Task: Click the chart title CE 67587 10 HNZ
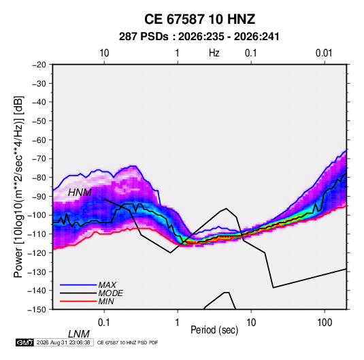[199, 19]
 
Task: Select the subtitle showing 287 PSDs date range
[199, 37]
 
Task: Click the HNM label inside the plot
[80, 193]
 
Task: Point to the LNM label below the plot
[78, 334]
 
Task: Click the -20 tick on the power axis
[39, 65]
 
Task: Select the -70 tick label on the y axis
[39, 159]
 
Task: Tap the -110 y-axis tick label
[37, 234]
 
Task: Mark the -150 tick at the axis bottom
[37, 310]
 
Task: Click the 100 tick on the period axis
[325, 323]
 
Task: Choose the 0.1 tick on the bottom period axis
[104, 323]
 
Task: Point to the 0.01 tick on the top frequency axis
[324, 53]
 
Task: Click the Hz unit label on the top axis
[214, 53]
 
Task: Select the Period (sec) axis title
[214, 330]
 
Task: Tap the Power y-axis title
[18, 186]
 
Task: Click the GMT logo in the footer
[25, 342]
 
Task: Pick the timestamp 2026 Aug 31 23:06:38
[63, 342]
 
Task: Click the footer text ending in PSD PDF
[127, 342]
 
